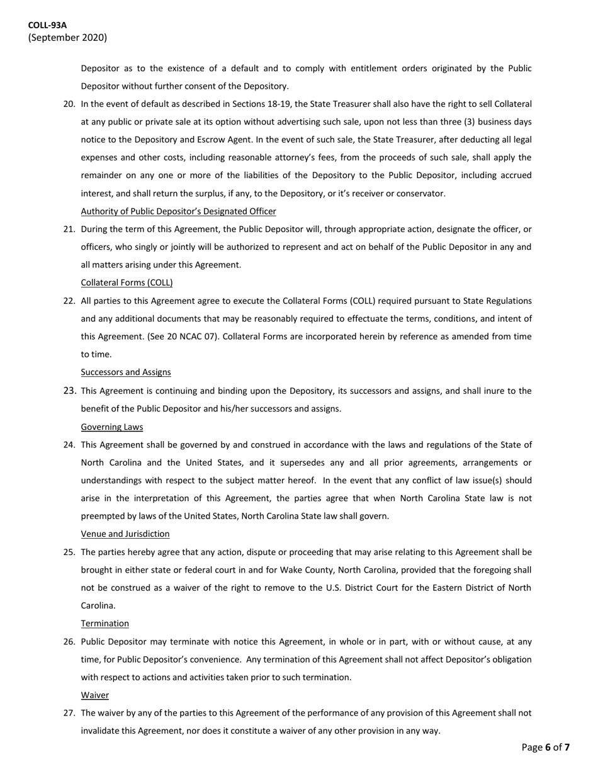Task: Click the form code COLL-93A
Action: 47,25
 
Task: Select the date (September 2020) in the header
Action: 67,38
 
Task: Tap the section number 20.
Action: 69,104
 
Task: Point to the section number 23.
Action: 69,391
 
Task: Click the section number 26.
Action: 69,642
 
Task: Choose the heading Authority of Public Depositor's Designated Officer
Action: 178,211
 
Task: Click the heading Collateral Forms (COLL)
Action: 127,283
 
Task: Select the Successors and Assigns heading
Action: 126,373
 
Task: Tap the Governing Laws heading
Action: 111,427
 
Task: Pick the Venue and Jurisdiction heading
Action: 125,534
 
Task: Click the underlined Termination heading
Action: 104,624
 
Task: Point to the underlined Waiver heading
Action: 94,695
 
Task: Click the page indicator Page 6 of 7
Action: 546,748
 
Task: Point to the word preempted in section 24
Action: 105,517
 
